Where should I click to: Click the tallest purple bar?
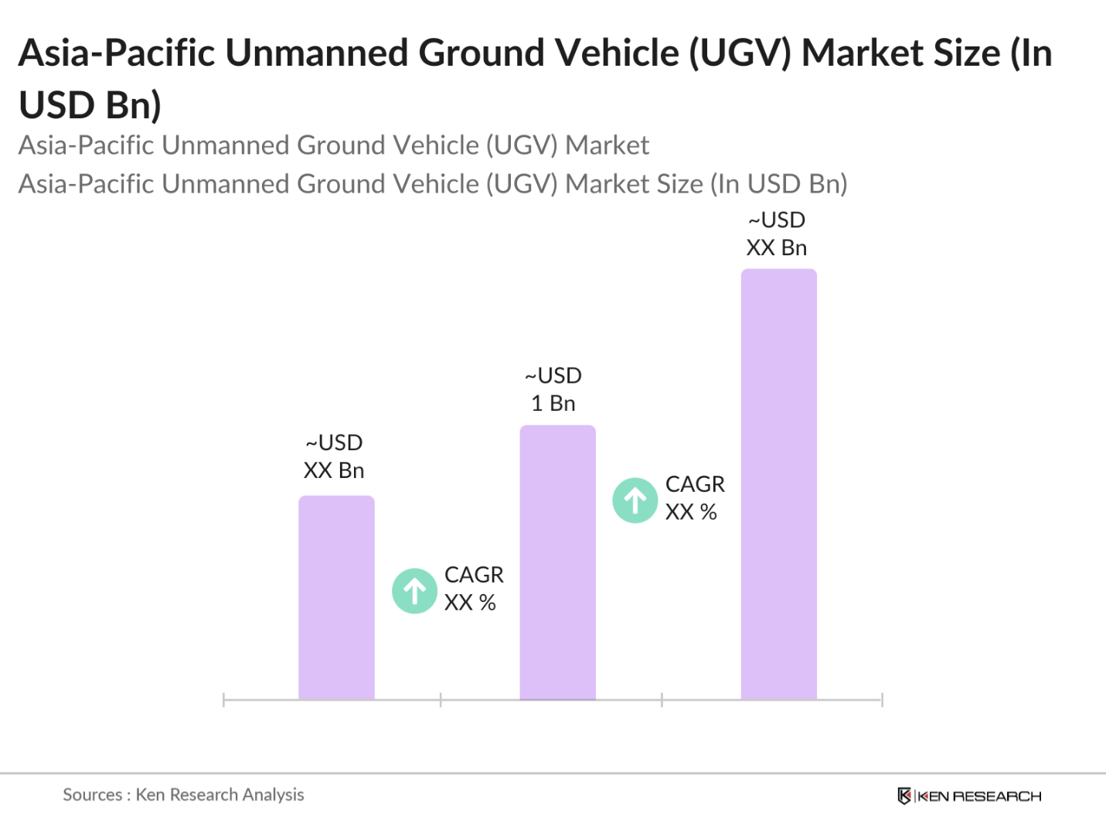coord(778,484)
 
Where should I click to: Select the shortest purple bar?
coord(336,597)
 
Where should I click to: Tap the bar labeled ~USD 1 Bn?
coord(557,562)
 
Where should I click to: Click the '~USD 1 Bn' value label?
coord(553,389)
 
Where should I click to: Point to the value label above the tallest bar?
coord(777,234)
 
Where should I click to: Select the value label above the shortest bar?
coord(334,456)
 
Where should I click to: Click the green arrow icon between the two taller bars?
coord(635,500)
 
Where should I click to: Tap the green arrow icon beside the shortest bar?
coord(415,591)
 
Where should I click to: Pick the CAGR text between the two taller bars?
coord(695,497)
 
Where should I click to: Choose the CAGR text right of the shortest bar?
coord(473,588)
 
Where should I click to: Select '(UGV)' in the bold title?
coord(740,53)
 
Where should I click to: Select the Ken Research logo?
coord(969,796)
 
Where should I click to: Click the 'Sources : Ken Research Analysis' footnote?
coord(183,794)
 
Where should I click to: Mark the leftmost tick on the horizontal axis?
coord(223,700)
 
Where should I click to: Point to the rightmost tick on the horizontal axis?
coord(882,700)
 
